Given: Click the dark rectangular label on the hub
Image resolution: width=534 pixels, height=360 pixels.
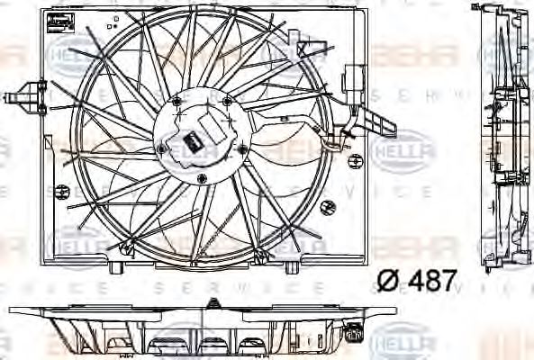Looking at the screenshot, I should tap(192, 139).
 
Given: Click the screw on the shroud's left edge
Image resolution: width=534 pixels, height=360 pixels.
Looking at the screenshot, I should tap(61, 190).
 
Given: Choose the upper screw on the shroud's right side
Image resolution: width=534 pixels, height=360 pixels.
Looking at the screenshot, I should tap(353, 135).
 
